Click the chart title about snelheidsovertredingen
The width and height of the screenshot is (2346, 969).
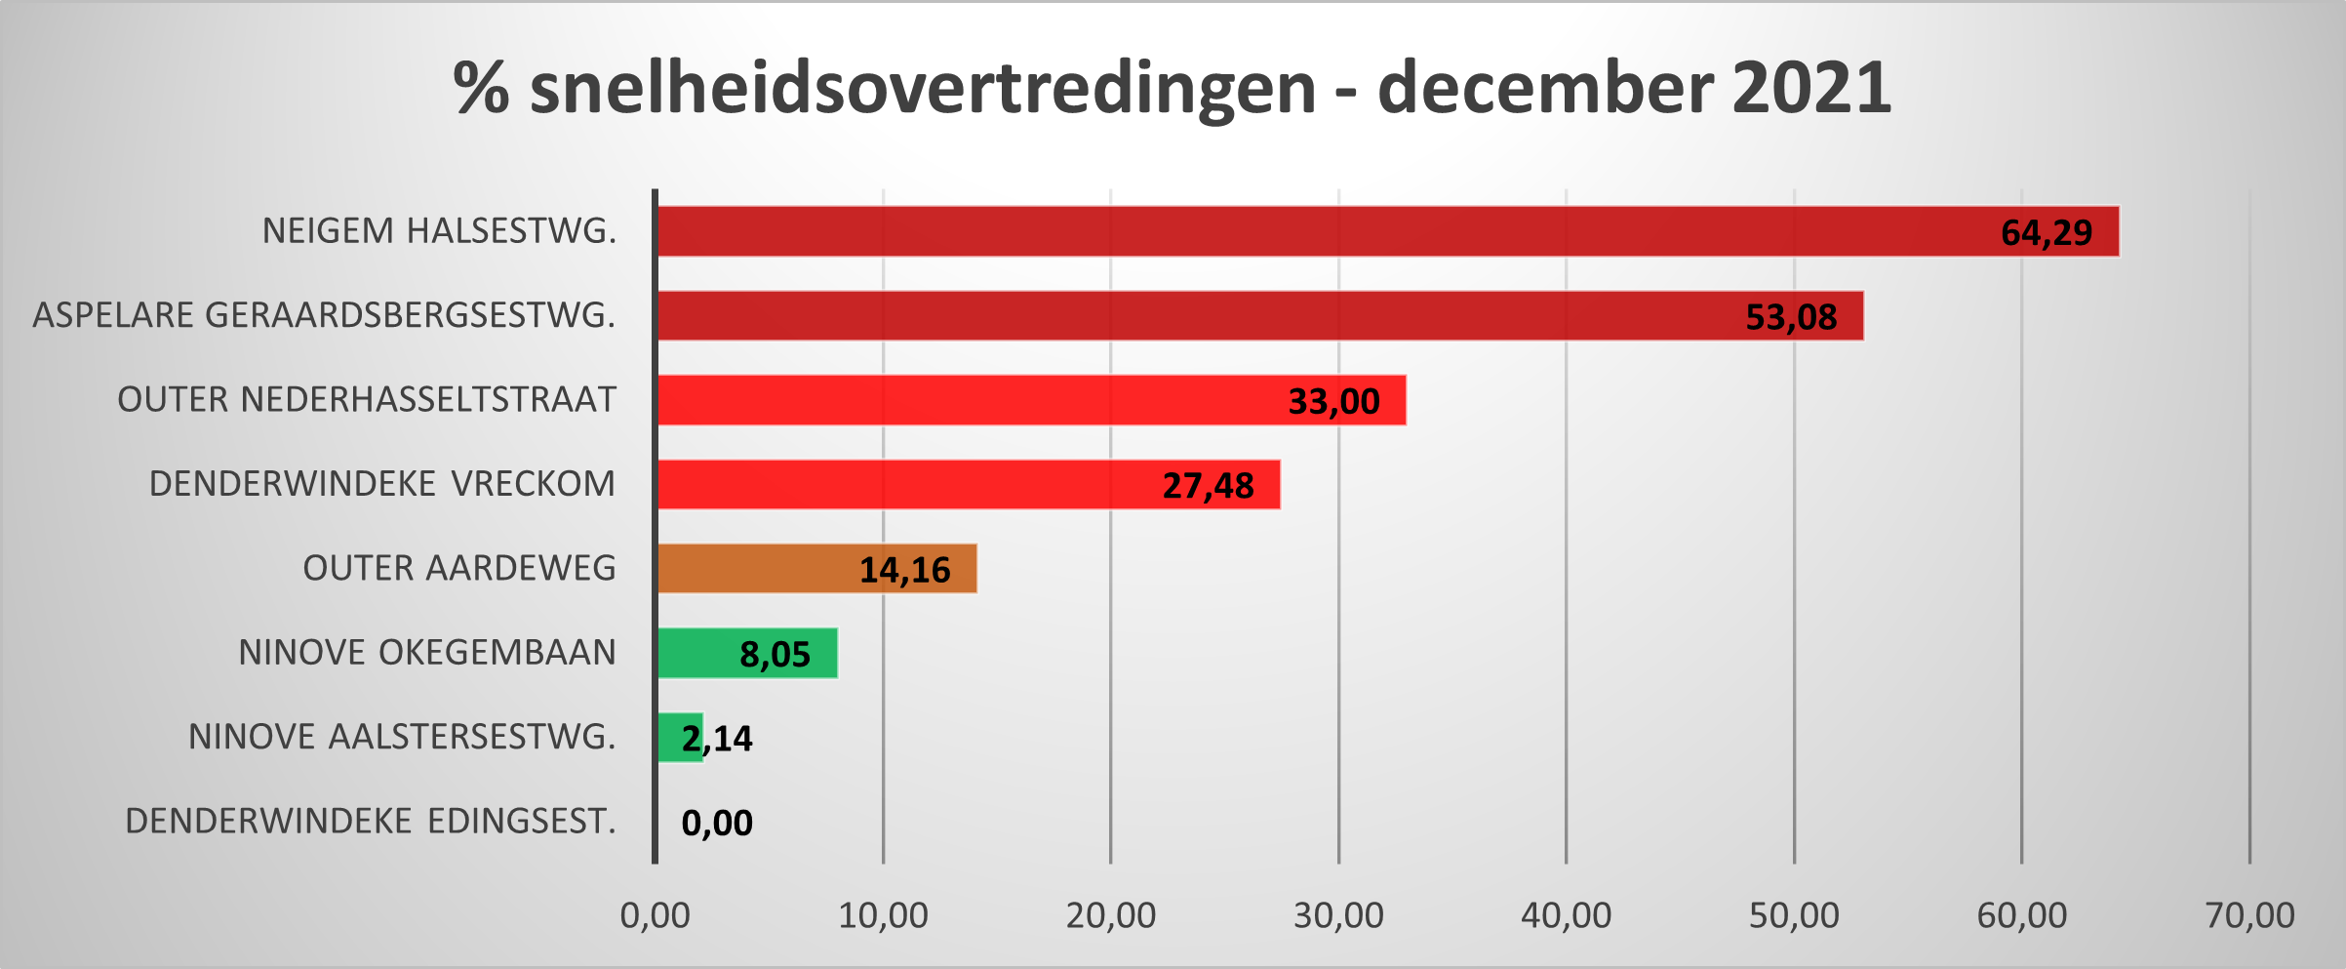(x=1171, y=88)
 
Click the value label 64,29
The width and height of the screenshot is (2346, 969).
(x=2046, y=233)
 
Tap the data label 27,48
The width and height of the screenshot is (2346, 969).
(x=1208, y=486)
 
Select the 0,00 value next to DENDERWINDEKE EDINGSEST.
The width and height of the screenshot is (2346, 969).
(x=717, y=824)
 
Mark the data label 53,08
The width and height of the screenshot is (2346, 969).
(x=1791, y=317)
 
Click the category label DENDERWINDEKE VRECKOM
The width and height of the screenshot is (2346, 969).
(x=382, y=484)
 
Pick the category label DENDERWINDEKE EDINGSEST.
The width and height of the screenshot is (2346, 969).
(x=371, y=822)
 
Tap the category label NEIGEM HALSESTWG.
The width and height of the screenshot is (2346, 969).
(x=440, y=231)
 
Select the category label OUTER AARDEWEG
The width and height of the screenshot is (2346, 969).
(x=459, y=568)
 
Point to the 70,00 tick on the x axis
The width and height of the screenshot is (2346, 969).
(x=2249, y=915)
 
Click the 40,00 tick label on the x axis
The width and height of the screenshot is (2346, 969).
(x=1566, y=915)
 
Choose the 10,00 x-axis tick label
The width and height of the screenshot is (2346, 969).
(x=883, y=915)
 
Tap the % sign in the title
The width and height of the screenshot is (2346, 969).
(x=481, y=88)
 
